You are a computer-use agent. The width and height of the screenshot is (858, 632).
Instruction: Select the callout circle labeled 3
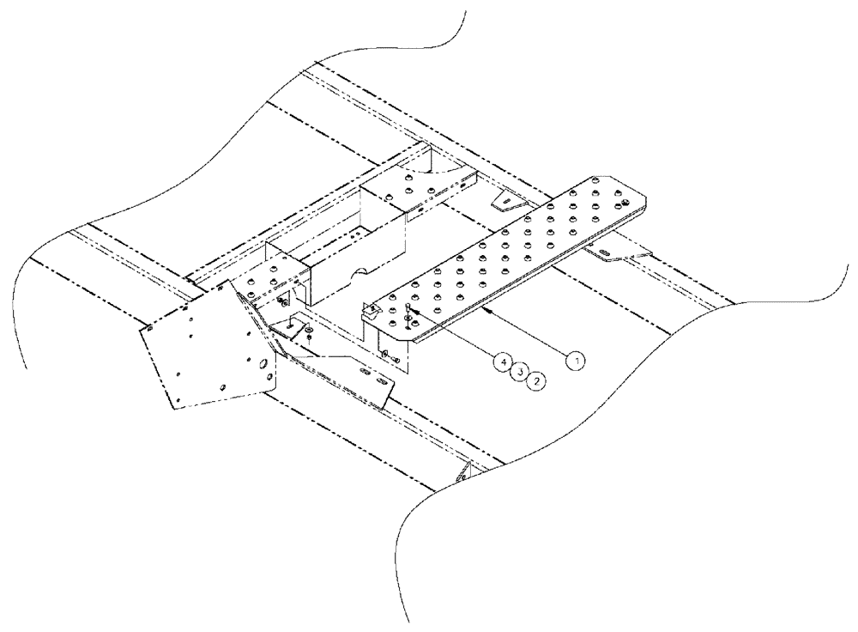519,372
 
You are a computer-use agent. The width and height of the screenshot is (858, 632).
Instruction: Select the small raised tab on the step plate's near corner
372,308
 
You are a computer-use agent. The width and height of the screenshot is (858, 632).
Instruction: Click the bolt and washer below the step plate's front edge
387,353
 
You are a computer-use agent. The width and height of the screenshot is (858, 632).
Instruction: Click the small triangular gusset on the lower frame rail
465,471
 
